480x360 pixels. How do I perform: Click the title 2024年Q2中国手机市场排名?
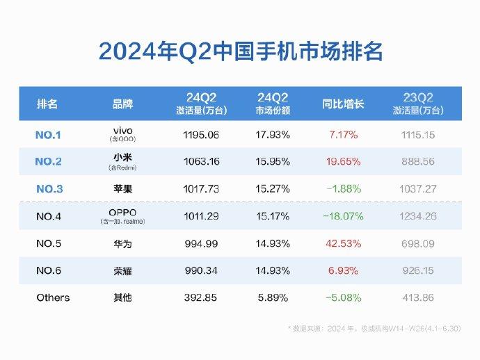coord(240,51)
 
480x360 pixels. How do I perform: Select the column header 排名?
coord(47,104)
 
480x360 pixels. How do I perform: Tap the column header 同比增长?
coord(343,104)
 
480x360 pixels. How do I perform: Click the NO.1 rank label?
coord(48,135)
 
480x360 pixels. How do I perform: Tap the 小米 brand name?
coord(122,159)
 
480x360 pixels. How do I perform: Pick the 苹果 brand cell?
coord(122,189)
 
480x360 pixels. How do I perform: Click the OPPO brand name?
coord(122,213)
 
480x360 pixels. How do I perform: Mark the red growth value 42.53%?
coord(343,243)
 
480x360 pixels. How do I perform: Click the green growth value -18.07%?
coord(343,216)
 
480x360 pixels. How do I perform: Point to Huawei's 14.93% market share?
coord(273,243)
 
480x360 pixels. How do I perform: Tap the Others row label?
coord(53,297)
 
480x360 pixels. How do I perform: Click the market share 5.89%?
coord(273,297)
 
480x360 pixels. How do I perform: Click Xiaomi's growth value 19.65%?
coord(343,162)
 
